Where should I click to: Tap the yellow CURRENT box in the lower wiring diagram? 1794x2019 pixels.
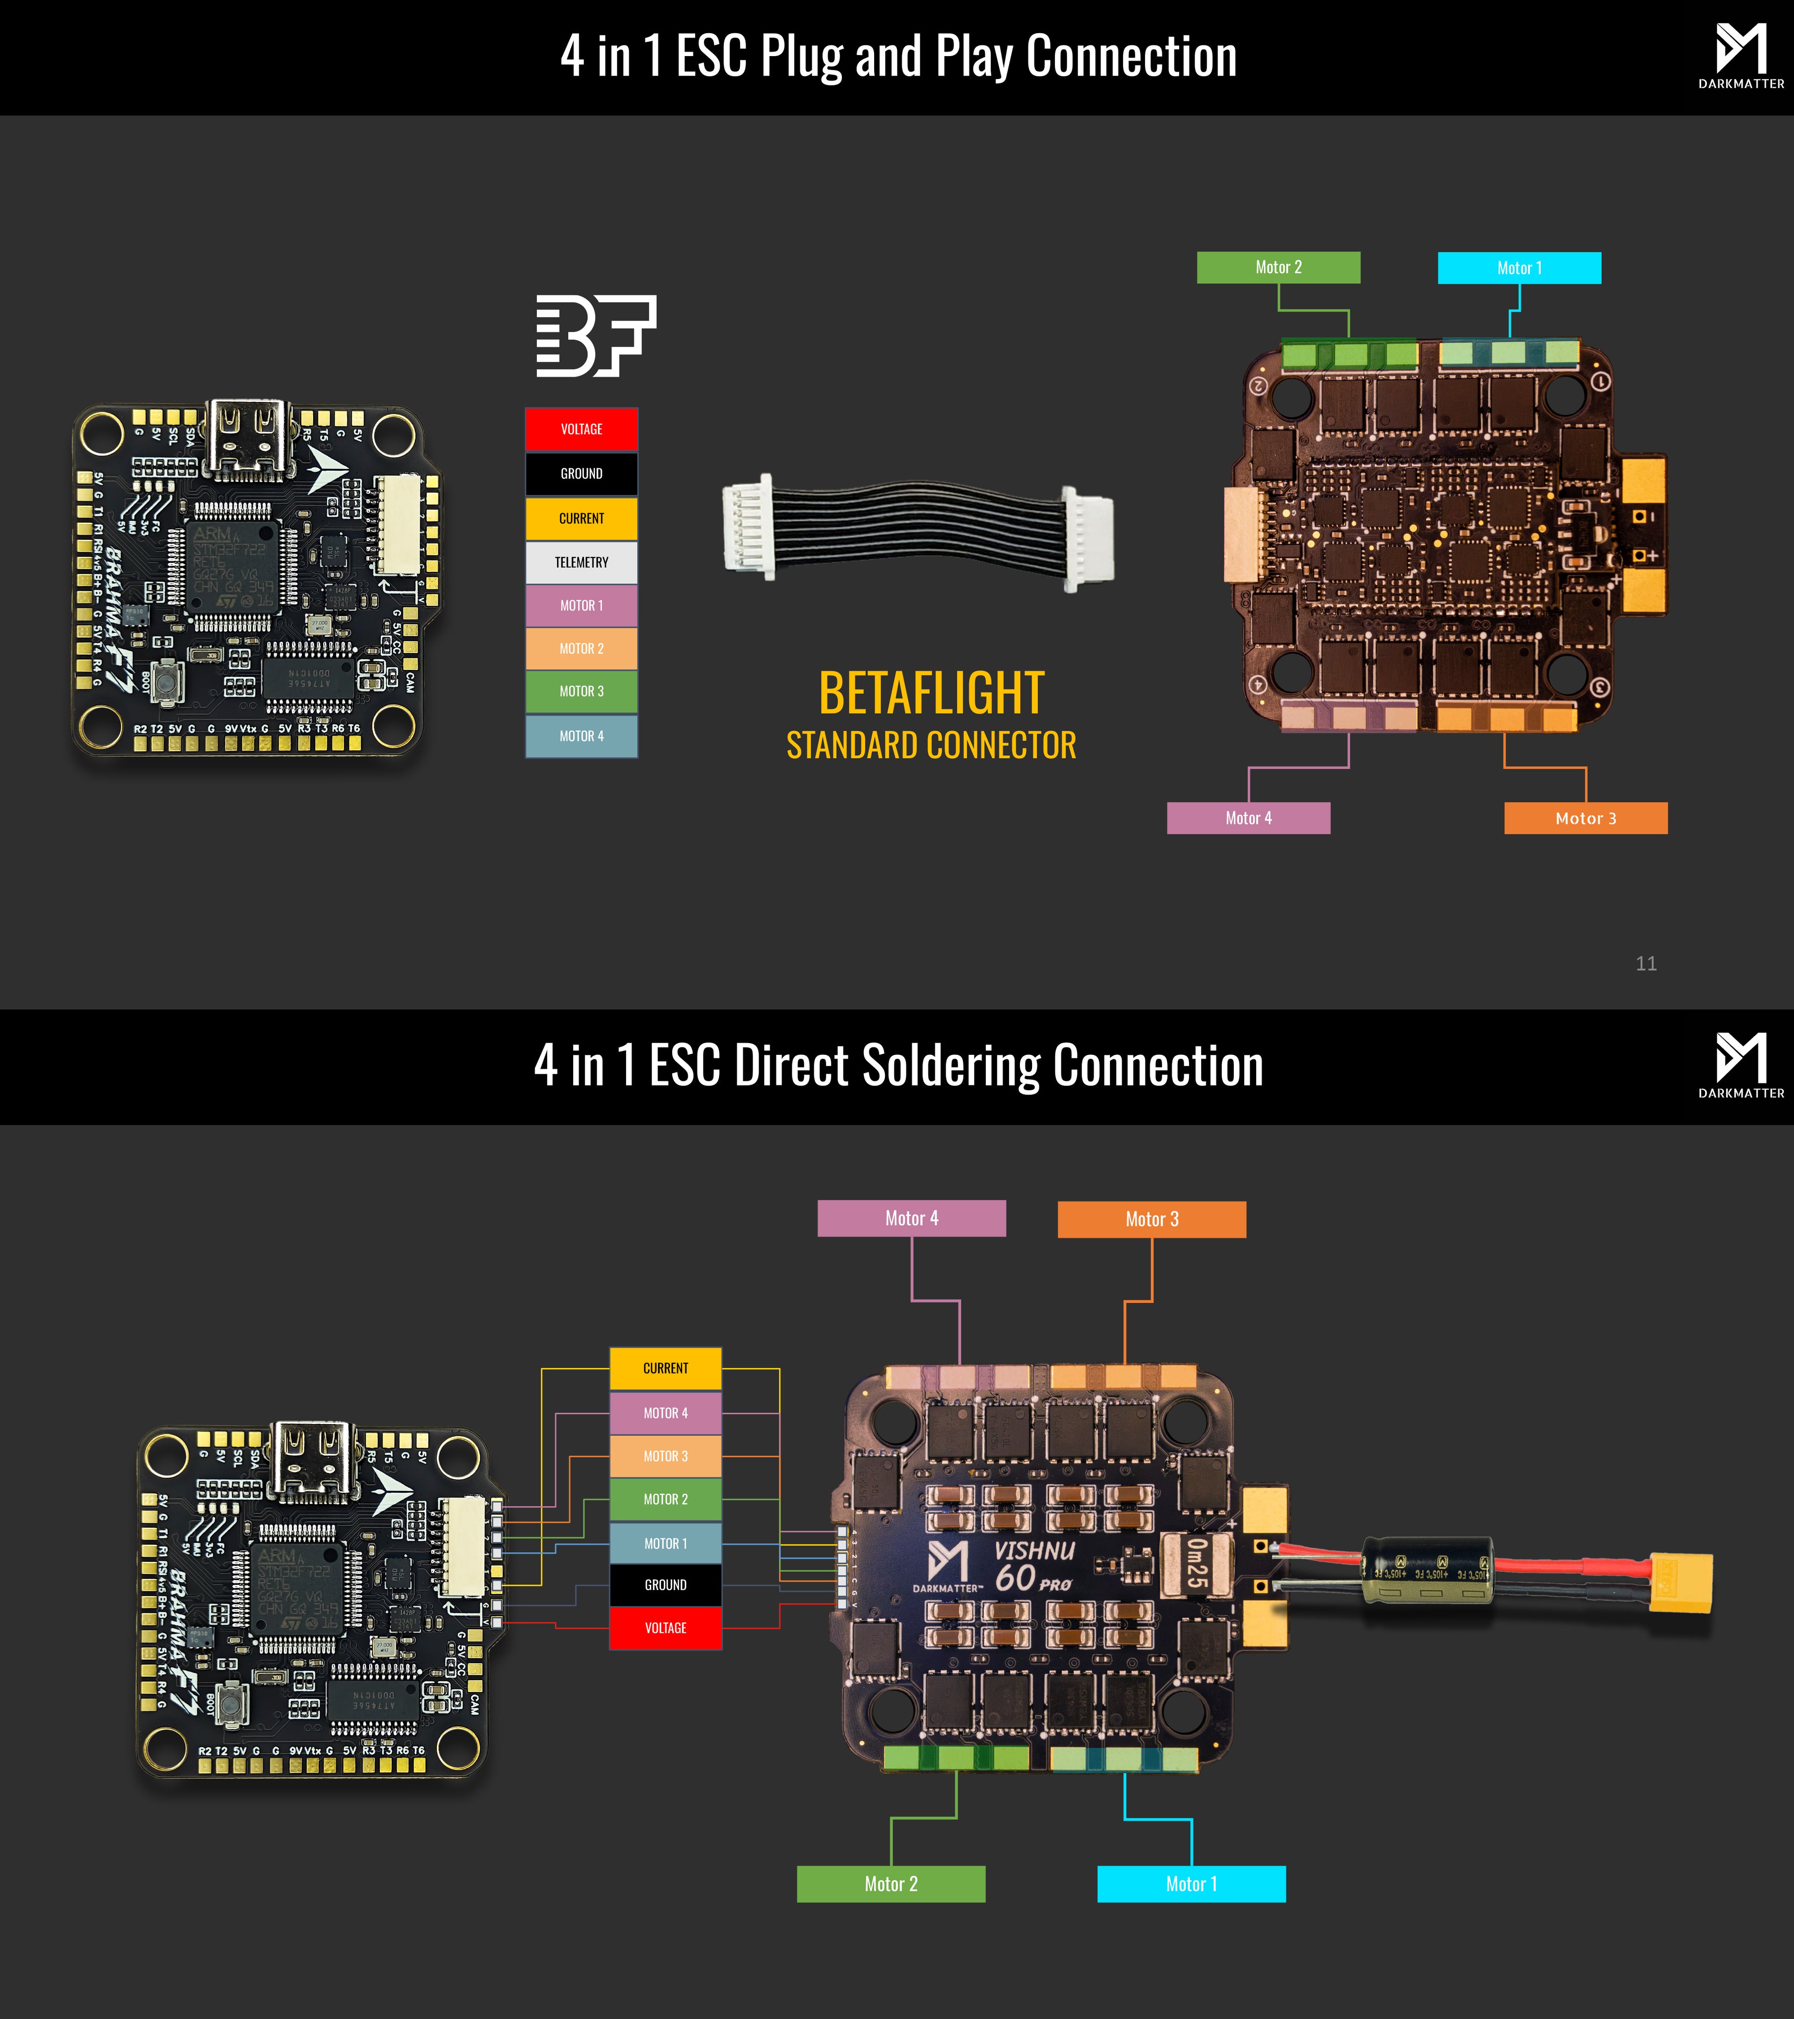coord(665,1368)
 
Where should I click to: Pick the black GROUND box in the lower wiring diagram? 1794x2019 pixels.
coord(665,1584)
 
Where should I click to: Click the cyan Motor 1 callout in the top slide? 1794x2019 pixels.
coord(1518,268)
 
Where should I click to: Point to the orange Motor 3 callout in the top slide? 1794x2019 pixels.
coord(1585,818)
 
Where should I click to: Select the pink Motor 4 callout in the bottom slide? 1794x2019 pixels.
coord(911,1218)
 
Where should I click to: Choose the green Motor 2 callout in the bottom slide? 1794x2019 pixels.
coord(890,1883)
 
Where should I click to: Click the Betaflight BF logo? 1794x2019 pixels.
coord(595,336)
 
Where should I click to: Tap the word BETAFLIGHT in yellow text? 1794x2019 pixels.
coord(931,694)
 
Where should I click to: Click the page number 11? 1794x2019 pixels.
coord(1646,963)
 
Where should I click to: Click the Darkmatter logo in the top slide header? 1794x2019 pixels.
coord(1741,56)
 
